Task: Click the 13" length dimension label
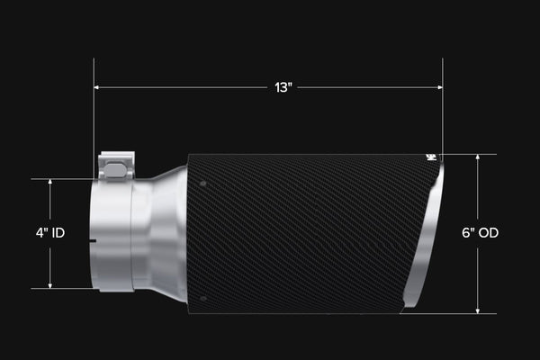(283, 87)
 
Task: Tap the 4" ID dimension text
(50, 233)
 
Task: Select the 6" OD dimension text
(480, 233)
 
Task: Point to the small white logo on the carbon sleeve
(431, 157)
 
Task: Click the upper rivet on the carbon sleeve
(202, 184)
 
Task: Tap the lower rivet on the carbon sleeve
(203, 298)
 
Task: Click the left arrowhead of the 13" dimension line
(96, 87)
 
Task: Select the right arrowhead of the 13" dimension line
(440, 87)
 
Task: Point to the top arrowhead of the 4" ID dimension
(50, 182)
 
